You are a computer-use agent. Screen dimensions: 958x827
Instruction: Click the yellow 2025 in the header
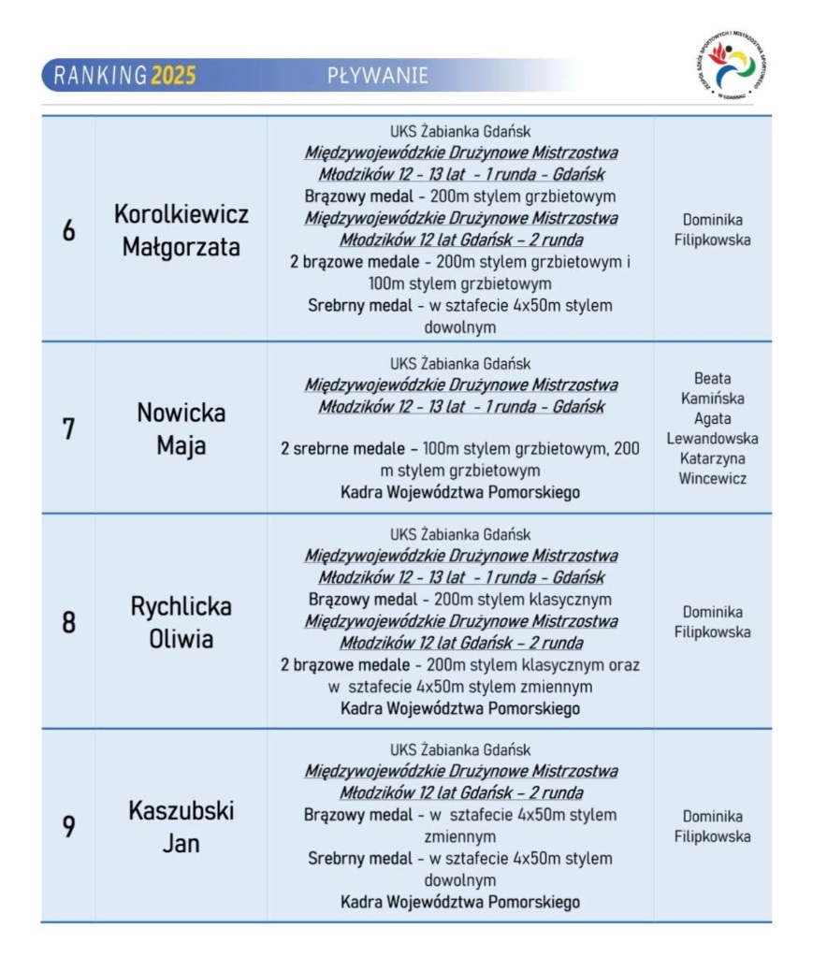coord(173,76)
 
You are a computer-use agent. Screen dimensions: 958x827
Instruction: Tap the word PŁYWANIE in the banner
coord(378,76)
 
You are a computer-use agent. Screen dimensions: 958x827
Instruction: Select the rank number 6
coord(68,230)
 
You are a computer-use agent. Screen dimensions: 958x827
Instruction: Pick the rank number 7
coord(68,429)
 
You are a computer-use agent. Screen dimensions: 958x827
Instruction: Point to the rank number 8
coord(68,623)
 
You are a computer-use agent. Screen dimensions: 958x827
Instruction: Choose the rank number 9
coord(68,827)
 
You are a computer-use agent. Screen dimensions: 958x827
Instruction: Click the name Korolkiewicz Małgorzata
coord(181,230)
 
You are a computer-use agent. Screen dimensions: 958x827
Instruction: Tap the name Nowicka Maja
coord(181,429)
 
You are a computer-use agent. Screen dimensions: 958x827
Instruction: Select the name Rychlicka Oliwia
coord(181,623)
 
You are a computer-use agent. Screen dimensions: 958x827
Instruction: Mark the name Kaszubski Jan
coord(181,827)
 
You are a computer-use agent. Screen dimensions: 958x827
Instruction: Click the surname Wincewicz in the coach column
coord(713,479)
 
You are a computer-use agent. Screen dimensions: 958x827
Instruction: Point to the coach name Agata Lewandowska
coord(713,428)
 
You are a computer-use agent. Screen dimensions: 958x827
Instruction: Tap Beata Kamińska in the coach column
coord(713,388)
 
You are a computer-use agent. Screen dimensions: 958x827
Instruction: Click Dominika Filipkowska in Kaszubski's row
coord(713,826)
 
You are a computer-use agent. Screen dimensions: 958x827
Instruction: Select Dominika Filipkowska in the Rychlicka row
coord(713,622)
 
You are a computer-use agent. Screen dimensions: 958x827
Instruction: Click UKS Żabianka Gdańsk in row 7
coord(460,363)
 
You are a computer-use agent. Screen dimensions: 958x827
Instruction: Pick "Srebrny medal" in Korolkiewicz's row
coord(356,306)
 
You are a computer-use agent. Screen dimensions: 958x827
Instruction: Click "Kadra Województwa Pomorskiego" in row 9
coord(460,902)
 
